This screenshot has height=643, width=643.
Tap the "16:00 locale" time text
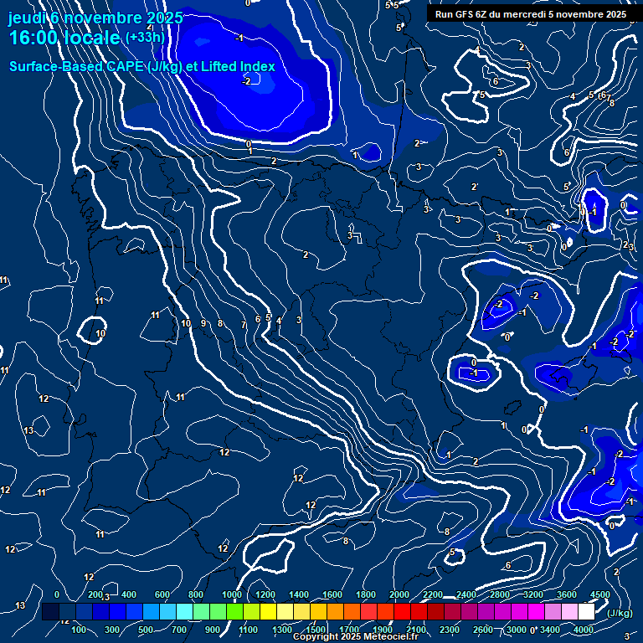(64, 39)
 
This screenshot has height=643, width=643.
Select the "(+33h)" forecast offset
(144, 38)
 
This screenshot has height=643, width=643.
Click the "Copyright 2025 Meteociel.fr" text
(356, 637)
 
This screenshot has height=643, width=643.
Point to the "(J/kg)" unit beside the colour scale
(619, 613)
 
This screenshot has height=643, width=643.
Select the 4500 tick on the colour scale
(600, 594)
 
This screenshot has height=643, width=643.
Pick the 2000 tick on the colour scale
(399, 594)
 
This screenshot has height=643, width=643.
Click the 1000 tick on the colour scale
(232, 594)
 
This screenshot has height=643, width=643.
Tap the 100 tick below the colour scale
(80, 630)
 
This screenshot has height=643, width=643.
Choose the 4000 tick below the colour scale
(584, 630)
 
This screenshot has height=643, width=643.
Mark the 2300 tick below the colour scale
(450, 630)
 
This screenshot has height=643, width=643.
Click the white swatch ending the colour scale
(586, 612)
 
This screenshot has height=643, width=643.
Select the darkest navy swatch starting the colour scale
(50, 612)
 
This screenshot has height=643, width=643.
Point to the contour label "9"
(203, 323)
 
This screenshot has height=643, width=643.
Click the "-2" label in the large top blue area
(247, 81)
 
